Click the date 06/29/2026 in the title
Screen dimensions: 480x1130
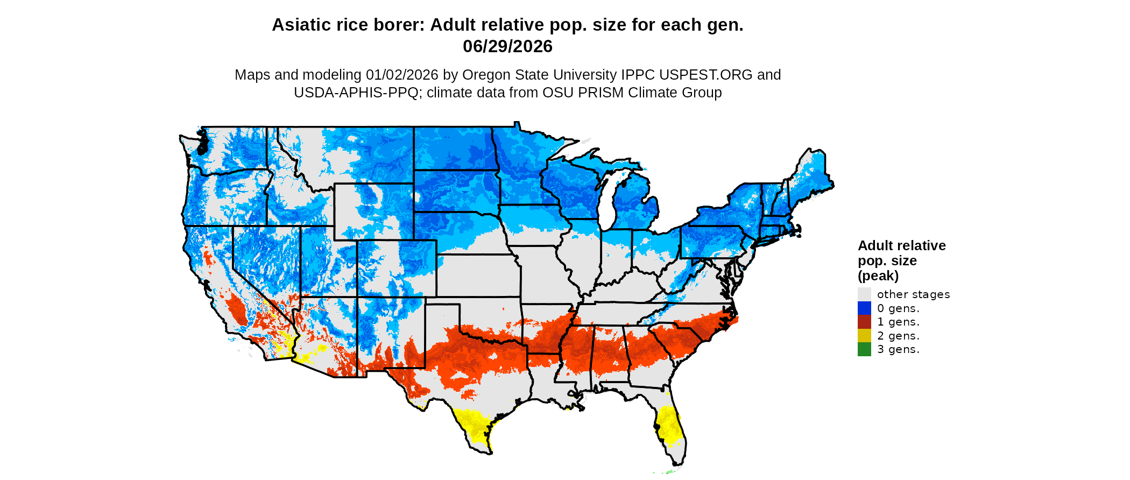(507, 47)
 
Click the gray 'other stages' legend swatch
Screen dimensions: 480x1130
(864, 294)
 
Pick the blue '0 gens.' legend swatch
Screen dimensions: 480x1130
(864, 308)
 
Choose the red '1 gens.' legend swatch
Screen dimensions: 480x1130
(864, 322)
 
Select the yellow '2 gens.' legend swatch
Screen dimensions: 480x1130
(864, 336)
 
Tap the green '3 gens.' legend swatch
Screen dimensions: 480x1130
(864, 349)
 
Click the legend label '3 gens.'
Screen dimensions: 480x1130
(898, 349)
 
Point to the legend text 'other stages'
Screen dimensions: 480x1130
(913, 294)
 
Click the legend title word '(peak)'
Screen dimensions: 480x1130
(878, 276)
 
